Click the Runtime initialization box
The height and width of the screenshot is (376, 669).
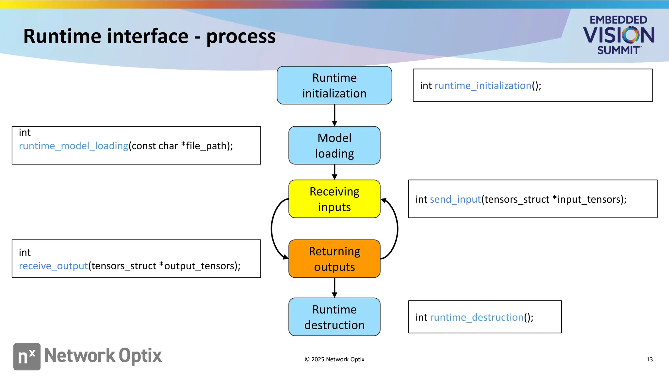(334, 86)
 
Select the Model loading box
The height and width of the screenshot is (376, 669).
(334, 146)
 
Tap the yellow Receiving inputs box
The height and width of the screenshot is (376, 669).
(334, 199)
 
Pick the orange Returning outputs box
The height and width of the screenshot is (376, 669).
(334, 259)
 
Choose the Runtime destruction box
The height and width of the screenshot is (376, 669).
(334, 317)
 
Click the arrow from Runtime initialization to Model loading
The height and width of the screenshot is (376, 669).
(334, 115)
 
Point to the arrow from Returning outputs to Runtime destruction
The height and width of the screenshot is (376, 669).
(334, 287)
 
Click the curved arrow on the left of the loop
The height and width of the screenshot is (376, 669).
(272, 228)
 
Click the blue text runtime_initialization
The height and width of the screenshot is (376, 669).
(483, 86)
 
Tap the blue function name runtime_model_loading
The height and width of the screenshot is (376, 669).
(73, 146)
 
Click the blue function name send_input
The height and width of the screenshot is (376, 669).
(455, 199)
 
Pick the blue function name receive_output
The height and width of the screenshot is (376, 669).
(53, 266)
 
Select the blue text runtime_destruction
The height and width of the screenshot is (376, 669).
(477, 318)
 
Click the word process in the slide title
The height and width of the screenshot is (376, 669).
(241, 37)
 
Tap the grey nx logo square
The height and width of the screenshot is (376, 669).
(27, 356)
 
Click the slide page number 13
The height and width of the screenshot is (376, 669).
(649, 359)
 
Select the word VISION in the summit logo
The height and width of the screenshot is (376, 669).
(618, 35)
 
